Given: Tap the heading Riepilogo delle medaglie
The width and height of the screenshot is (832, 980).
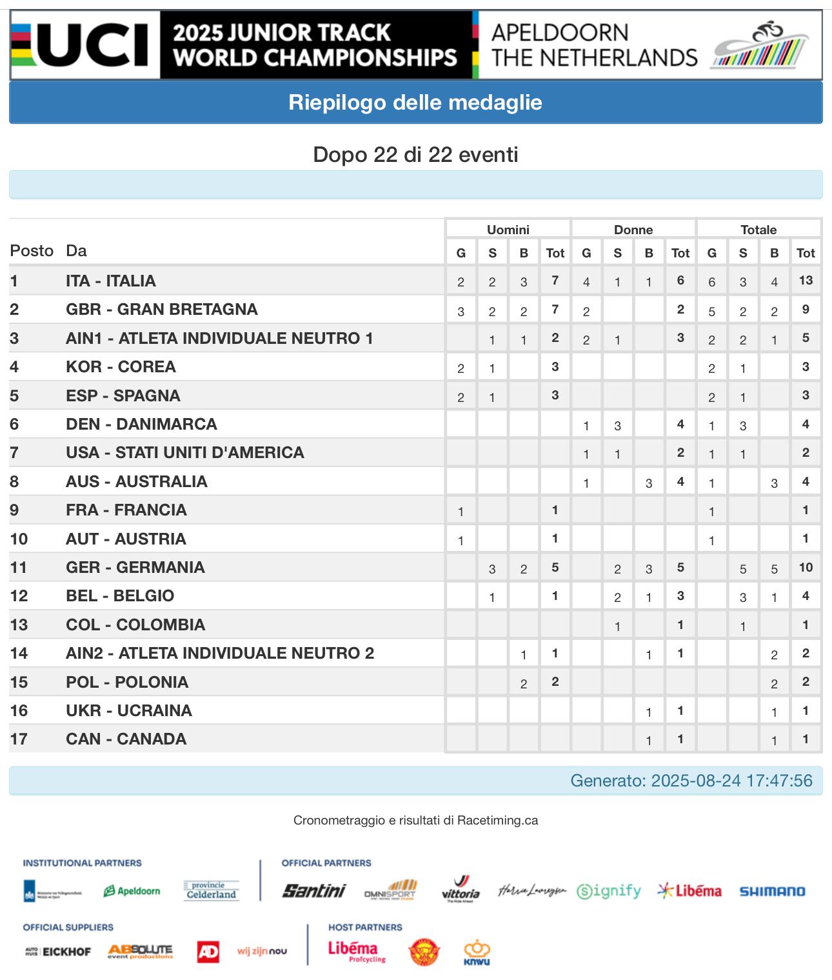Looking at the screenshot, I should [x=415, y=103].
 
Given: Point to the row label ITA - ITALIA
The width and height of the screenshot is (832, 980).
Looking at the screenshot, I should [x=111, y=281].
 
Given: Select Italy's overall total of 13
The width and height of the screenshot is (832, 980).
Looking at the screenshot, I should [x=806, y=281].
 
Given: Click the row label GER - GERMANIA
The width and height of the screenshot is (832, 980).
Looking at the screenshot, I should [x=135, y=567].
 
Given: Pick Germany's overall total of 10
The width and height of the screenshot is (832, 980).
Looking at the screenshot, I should [x=806, y=567].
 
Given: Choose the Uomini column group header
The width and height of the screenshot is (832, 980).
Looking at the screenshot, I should [x=508, y=230].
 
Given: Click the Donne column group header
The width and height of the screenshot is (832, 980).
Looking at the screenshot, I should [x=633, y=230].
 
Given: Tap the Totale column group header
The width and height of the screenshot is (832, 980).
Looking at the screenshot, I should [x=758, y=230].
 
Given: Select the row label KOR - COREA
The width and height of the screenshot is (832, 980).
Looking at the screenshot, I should [x=121, y=366].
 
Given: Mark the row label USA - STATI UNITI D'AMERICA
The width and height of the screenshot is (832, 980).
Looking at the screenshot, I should [x=185, y=452].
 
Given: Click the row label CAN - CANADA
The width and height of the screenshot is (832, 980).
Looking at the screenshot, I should [x=126, y=739].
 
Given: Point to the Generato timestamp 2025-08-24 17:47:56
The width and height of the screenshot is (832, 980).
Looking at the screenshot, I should [x=691, y=781].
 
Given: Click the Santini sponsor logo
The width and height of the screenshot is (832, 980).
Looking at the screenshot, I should [x=314, y=891].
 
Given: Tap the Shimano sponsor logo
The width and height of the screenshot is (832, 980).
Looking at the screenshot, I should [x=772, y=892].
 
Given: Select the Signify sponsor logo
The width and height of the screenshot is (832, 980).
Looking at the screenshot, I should [x=609, y=891].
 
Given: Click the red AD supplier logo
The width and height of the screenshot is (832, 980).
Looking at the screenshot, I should [x=208, y=951].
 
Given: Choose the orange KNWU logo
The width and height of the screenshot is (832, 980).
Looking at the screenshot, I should [x=477, y=952].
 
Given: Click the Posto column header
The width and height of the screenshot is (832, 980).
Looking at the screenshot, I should [x=32, y=251].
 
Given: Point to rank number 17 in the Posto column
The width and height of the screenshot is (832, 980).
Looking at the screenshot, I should [x=19, y=739].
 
